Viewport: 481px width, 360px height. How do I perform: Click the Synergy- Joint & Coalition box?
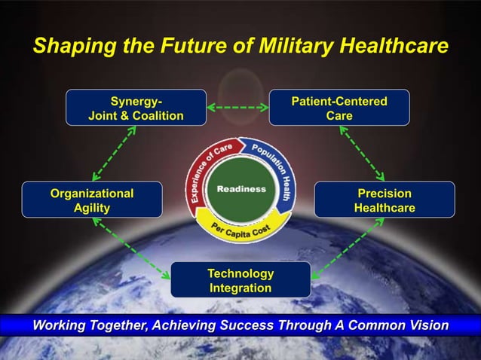pos(136,108)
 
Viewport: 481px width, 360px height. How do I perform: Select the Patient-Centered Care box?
pos(339,108)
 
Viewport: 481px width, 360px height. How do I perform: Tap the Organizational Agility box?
pos(92,200)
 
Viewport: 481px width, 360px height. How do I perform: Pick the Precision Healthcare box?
pos(384,200)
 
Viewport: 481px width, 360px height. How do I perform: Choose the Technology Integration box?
pos(240,280)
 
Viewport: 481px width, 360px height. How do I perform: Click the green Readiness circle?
pos(241,189)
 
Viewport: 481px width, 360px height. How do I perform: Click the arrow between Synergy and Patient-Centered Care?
pos(237,108)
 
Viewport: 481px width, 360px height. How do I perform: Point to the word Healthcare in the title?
pos(391,47)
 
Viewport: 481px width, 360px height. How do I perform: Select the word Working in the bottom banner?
pos(60,325)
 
